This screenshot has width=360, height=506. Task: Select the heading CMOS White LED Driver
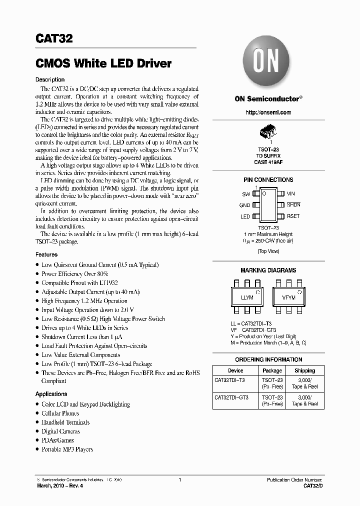(x=103, y=63)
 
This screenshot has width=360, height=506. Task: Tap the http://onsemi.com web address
(x=268, y=112)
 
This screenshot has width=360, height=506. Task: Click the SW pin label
(x=246, y=193)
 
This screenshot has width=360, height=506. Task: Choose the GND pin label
(x=244, y=205)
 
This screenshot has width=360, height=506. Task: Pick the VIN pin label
(x=291, y=193)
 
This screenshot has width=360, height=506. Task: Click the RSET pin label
(x=293, y=216)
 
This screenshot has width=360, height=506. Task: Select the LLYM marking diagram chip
(x=247, y=297)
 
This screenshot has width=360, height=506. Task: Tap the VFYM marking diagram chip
(x=288, y=297)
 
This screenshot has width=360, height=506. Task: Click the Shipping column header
(x=304, y=370)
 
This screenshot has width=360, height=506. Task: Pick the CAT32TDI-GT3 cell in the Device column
(x=231, y=397)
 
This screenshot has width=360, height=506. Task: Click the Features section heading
(x=46, y=254)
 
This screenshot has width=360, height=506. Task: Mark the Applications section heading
(x=51, y=394)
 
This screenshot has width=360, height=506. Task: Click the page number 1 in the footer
(x=179, y=480)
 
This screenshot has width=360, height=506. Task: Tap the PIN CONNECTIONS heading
(x=268, y=180)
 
